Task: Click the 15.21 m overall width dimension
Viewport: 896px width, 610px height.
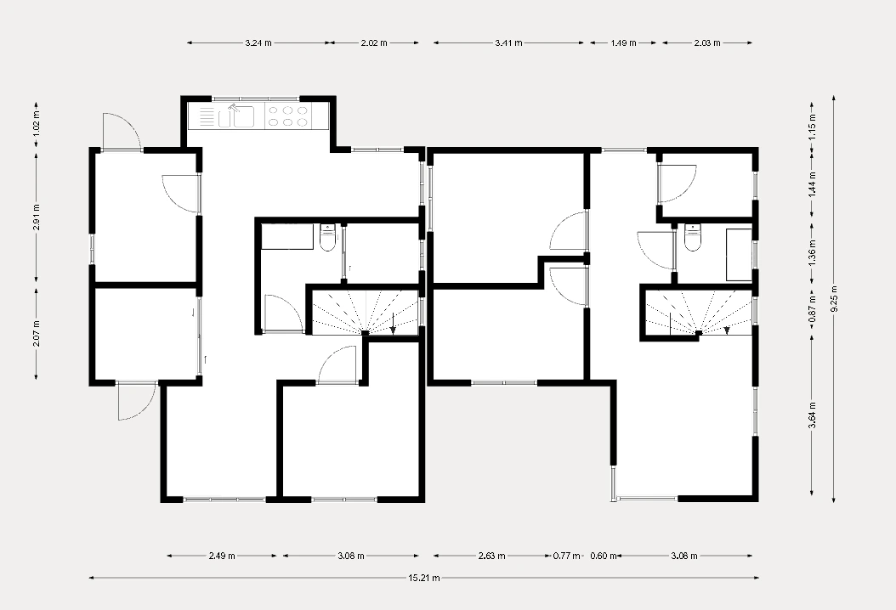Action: tap(424, 578)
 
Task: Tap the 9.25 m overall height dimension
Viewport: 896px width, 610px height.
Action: tap(834, 299)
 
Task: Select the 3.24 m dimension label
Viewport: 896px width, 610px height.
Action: tap(258, 42)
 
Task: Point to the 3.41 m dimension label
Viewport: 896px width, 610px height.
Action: tap(508, 42)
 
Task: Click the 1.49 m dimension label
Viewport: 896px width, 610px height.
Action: tap(623, 42)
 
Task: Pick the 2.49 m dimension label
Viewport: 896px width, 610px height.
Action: tap(222, 555)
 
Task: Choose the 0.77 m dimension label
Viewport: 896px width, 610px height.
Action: tap(566, 555)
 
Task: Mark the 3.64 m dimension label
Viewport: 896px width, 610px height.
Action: tap(812, 415)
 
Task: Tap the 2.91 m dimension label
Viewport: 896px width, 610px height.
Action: tap(36, 217)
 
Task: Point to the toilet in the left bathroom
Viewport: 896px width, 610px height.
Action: tap(327, 240)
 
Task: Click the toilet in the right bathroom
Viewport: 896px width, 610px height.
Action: tap(693, 239)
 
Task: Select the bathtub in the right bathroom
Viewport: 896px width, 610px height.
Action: tap(739, 255)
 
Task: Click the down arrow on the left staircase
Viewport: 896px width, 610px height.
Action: tap(393, 324)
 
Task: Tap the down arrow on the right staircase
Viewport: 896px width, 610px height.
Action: tap(727, 330)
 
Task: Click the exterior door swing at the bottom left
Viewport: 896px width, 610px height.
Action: tap(137, 402)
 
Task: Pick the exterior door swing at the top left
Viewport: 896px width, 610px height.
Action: tap(122, 131)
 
